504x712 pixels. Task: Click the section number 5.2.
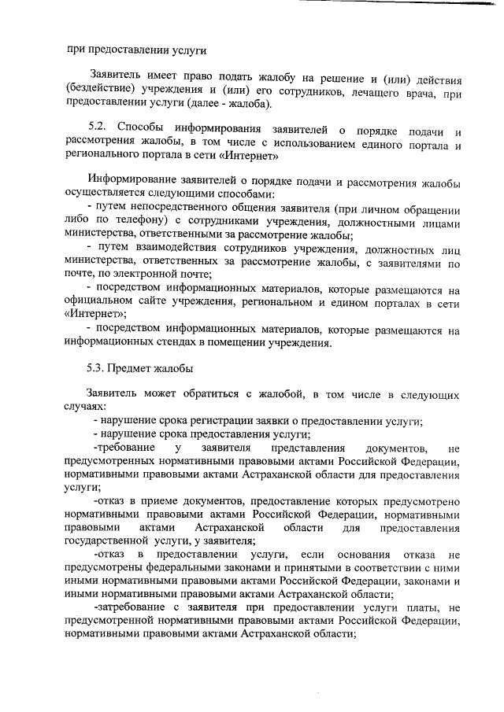pos(98,129)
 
